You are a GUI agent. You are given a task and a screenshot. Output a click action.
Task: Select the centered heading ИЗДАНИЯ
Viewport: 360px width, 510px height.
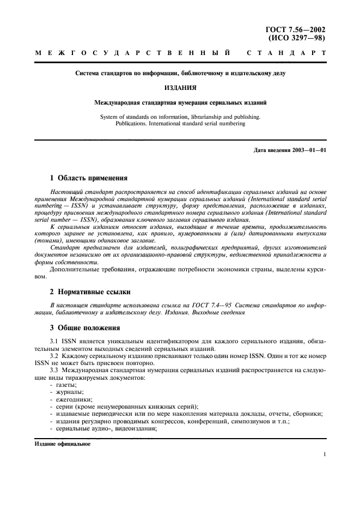[x=180, y=87]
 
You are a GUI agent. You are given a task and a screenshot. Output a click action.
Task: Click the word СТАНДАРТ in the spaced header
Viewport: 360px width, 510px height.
[x=286, y=54]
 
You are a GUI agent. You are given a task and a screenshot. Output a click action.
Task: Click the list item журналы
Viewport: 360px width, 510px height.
[x=69, y=392]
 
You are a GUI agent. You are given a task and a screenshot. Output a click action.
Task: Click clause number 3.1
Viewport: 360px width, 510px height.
[x=54, y=341]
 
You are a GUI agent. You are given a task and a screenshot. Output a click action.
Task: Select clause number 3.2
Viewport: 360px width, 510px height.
[x=54, y=355]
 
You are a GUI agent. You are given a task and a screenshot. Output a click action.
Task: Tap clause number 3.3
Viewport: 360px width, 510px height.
[x=54, y=370]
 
